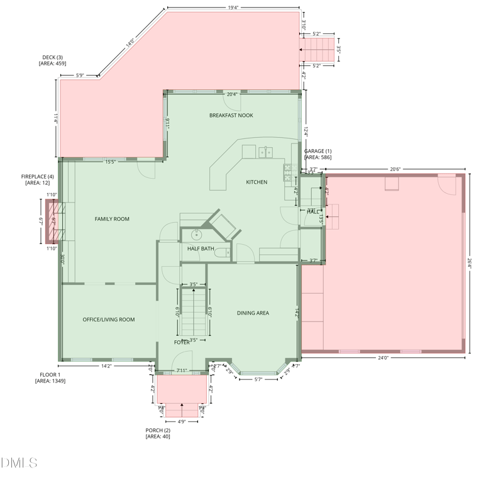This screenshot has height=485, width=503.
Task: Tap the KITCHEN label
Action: (257, 182)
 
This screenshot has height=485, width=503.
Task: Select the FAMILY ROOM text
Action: (112, 219)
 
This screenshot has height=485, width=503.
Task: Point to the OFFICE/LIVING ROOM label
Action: (109, 320)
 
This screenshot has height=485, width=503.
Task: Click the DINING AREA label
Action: (253, 313)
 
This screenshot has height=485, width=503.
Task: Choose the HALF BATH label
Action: (201, 249)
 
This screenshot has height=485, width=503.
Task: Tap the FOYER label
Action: (182, 342)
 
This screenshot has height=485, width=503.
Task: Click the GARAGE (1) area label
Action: (318, 154)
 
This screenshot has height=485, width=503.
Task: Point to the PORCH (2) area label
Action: (158, 433)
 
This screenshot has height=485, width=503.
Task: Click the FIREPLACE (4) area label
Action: (37, 179)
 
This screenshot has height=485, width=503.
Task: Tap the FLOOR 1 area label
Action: (50, 377)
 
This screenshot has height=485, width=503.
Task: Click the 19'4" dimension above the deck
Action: (233, 8)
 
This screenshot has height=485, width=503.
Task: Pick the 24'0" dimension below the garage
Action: (383, 358)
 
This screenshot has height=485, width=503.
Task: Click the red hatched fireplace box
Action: (53, 221)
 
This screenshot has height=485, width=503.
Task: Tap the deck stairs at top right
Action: (319, 48)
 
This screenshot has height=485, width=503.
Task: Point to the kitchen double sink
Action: (265, 152)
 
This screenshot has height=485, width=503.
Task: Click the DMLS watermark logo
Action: (19, 463)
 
